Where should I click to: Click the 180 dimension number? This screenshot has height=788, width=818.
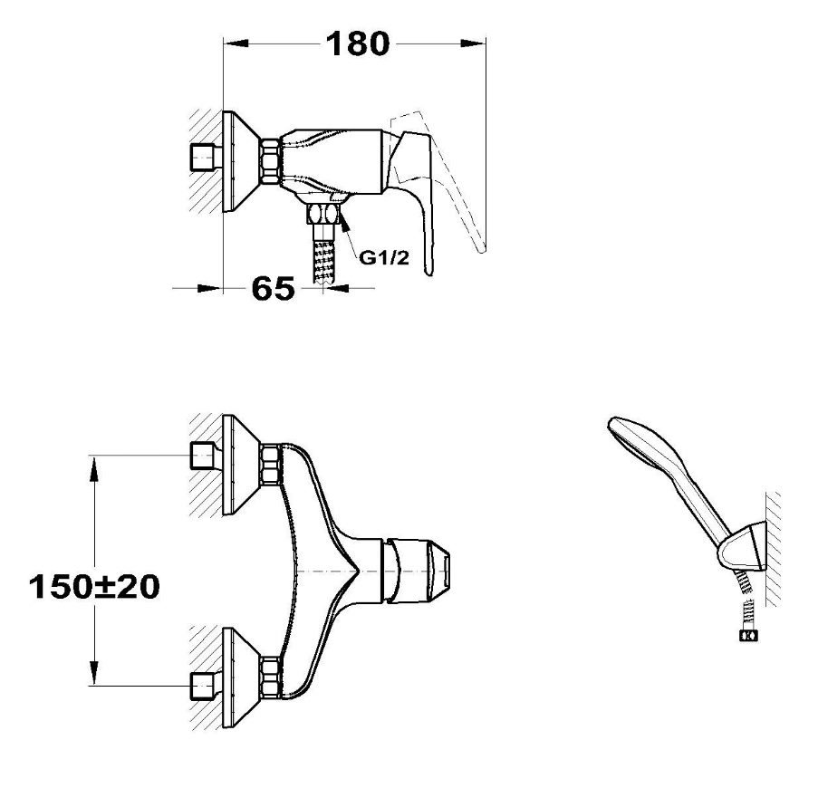[x=358, y=43]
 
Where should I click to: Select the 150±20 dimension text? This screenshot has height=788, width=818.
[x=94, y=587]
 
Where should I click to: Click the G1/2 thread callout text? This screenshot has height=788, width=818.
[x=384, y=257]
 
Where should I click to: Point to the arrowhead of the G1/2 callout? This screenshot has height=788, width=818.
[x=344, y=223]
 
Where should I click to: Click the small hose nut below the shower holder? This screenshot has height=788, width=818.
[x=748, y=636]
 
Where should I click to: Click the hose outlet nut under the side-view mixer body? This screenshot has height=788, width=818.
[x=323, y=214]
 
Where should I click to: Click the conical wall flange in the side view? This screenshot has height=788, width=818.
[x=241, y=161]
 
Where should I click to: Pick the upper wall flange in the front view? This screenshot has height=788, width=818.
[x=241, y=466]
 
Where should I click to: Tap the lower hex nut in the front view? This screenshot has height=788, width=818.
[x=270, y=677]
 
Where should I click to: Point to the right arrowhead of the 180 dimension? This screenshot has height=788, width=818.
[x=474, y=43]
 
